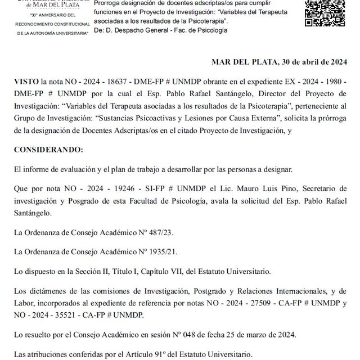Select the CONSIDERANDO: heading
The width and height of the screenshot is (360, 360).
coord(48,150)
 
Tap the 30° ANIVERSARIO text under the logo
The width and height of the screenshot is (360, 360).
coord(52,16)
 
